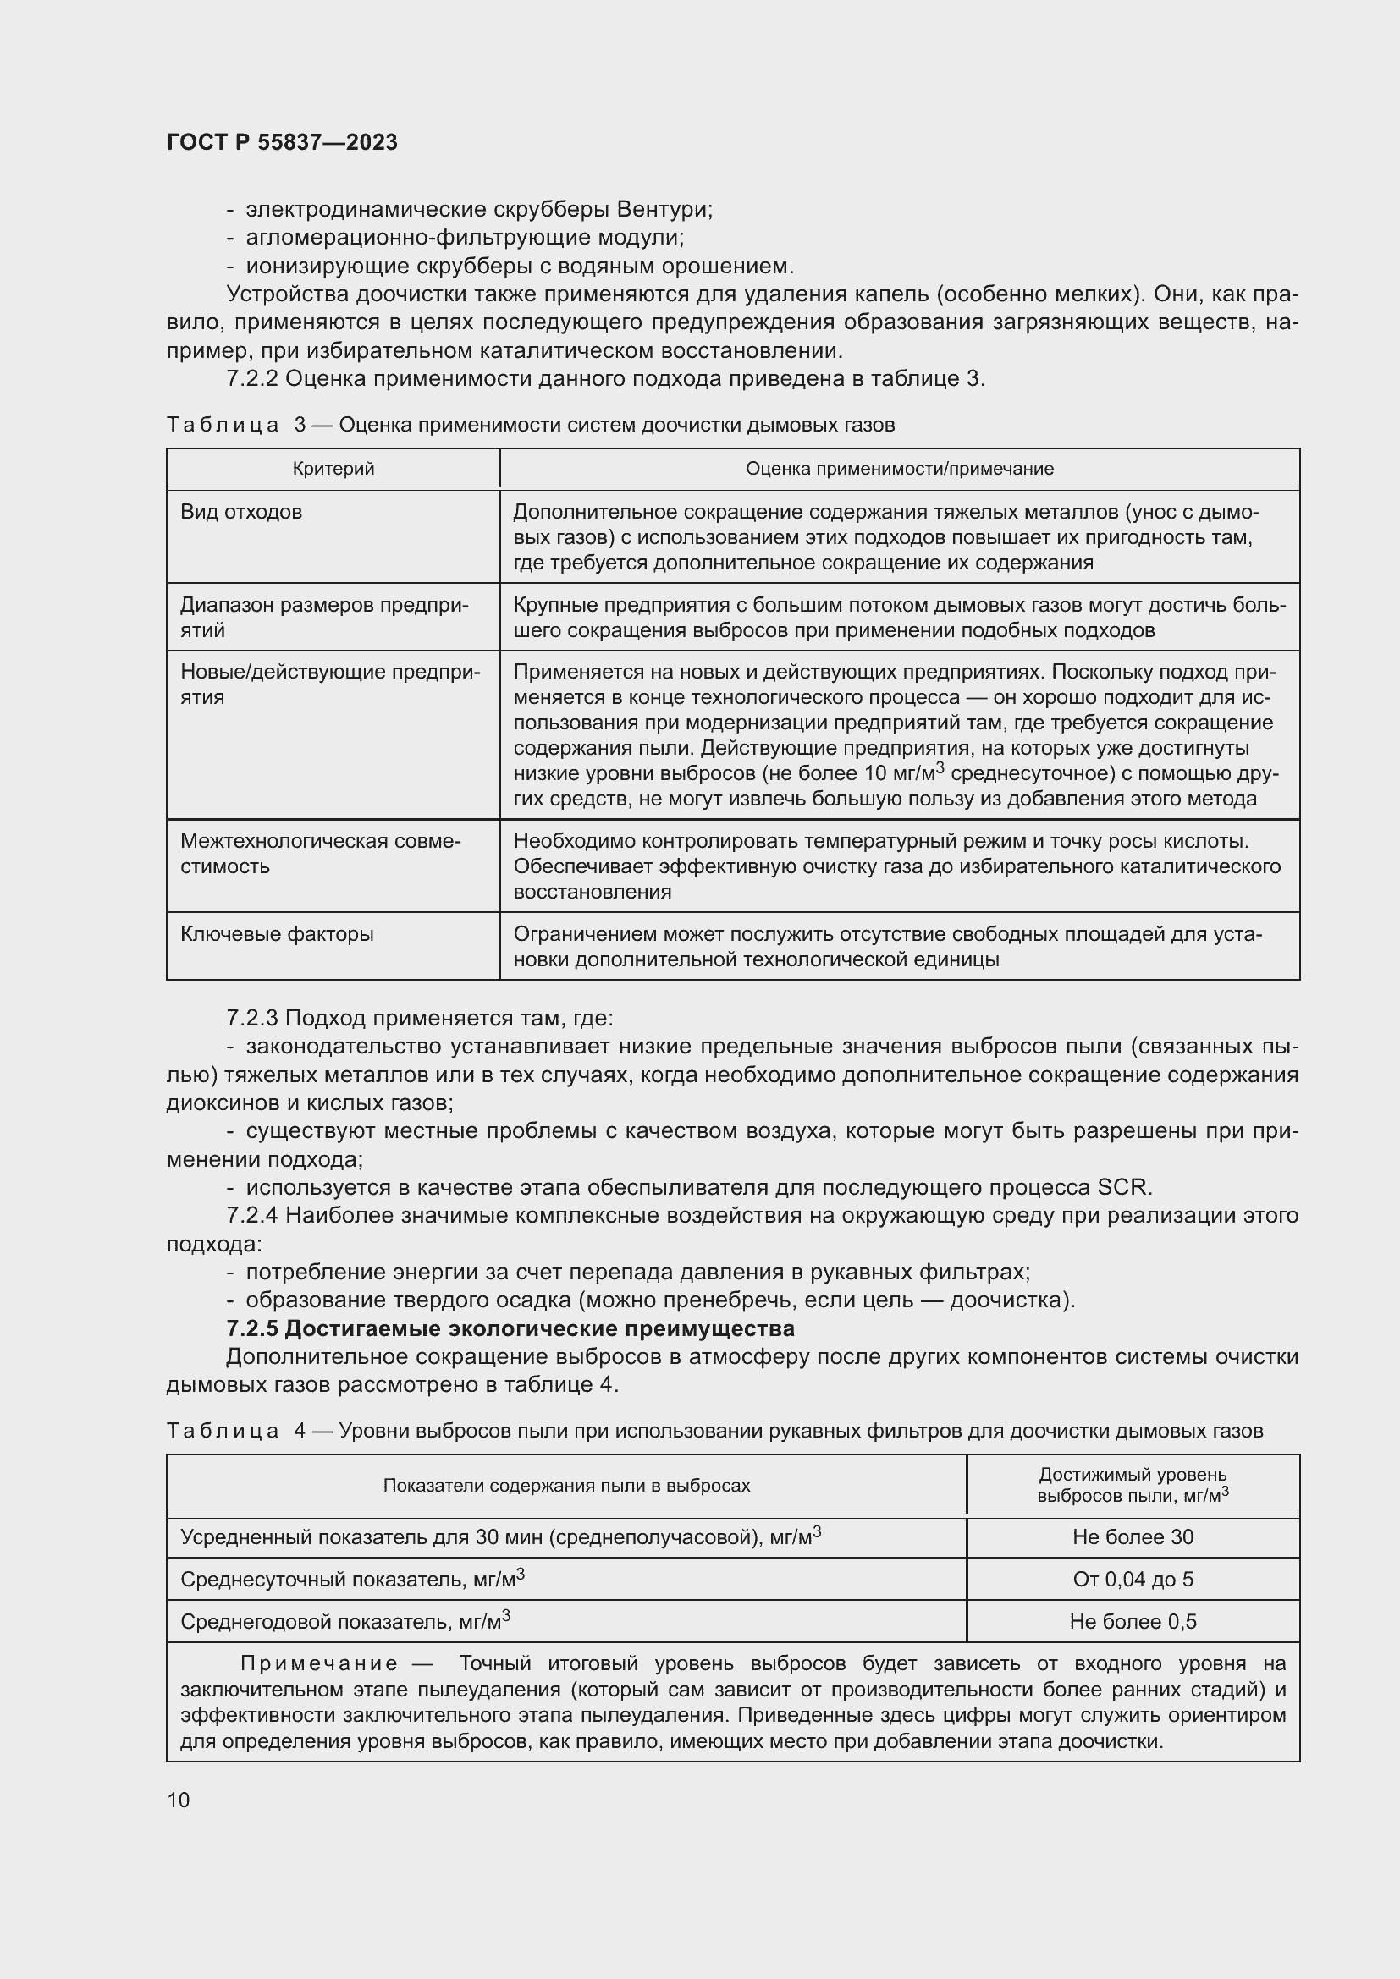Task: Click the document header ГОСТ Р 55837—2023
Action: coord(282,142)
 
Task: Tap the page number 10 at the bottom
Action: coord(179,1799)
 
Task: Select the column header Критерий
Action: coord(333,469)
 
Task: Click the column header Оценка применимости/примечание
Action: coord(899,469)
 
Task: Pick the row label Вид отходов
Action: coord(241,512)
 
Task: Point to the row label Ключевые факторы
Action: coord(277,933)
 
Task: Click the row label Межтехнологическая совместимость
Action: coord(320,854)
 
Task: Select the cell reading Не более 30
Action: coord(1133,1536)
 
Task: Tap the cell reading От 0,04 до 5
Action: coord(1133,1579)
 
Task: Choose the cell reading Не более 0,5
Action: coord(1133,1621)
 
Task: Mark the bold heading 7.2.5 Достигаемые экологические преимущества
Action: coord(510,1328)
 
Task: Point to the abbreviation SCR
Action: coord(1122,1187)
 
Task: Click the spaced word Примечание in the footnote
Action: coord(319,1663)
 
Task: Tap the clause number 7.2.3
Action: coord(251,1018)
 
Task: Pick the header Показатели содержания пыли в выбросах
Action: coord(566,1485)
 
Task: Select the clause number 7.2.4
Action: coord(251,1215)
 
